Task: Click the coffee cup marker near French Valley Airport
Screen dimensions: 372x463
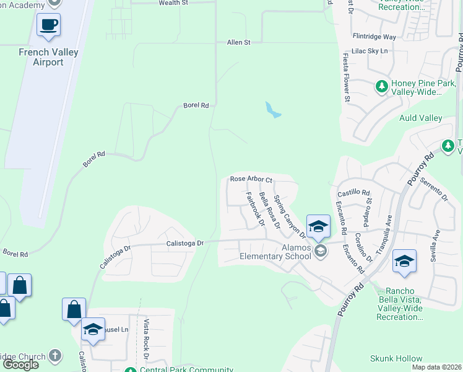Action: [x=48, y=25]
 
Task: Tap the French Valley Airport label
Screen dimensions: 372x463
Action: [x=48, y=57]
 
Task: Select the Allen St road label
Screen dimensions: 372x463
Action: [x=238, y=42]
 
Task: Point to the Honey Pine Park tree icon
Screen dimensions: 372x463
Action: [x=382, y=86]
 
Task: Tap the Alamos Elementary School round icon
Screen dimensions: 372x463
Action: [x=320, y=250]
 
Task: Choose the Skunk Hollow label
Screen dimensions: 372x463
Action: [x=396, y=358]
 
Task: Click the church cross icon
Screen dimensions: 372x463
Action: [x=55, y=356]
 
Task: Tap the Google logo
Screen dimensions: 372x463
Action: [x=20, y=364]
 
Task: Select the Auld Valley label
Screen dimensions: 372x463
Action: [x=421, y=118]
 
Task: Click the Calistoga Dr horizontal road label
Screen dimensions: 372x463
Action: [x=185, y=244]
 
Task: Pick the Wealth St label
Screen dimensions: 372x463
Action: [x=173, y=3]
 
